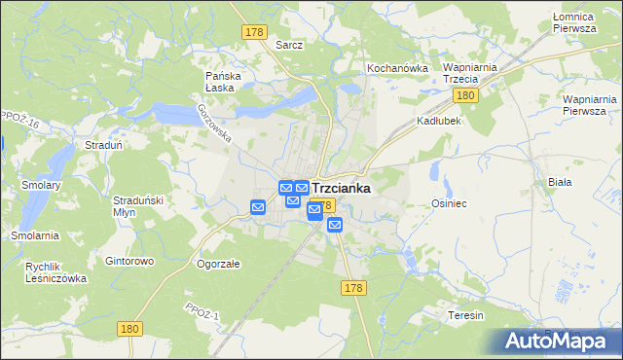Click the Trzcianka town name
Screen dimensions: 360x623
click(x=340, y=188)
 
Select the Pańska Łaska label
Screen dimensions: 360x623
click(x=223, y=81)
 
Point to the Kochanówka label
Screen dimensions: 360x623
click(x=397, y=68)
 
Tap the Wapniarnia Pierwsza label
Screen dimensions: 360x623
click(x=590, y=105)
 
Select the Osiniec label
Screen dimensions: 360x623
click(x=450, y=203)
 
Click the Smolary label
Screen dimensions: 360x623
click(x=43, y=185)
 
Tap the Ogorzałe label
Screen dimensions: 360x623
click(x=218, y=264)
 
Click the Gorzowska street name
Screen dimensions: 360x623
click(x=214, y=125)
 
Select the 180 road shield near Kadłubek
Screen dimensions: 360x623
click(x=464, y=95)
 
